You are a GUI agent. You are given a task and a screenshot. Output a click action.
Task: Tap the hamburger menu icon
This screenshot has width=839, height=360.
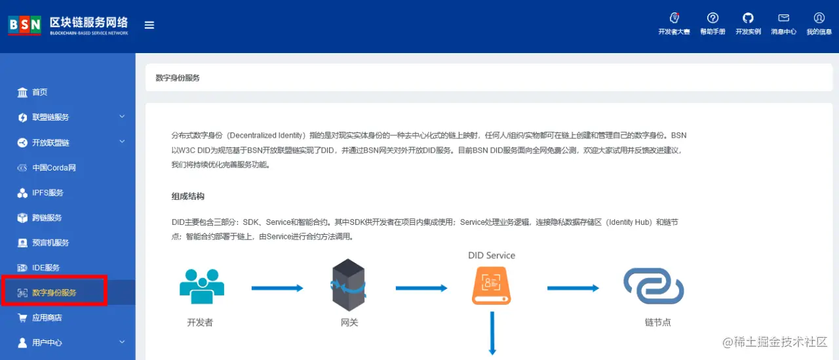(x=149, y=25)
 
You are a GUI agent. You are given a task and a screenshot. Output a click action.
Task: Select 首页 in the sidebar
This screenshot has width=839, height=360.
(x=40, y=92)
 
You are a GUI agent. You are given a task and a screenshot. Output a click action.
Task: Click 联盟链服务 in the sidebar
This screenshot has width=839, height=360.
(x=50, y=117)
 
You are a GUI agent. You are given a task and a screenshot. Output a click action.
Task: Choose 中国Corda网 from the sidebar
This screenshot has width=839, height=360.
(x=54, y=168)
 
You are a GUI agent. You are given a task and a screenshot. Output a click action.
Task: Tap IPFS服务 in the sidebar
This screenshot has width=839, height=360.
(x=48, y=193)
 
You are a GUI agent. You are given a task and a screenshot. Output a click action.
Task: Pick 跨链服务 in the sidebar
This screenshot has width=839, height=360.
(x=47, y=218)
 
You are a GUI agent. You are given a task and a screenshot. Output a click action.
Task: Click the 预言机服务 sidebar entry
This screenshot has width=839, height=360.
(x=50, y=243)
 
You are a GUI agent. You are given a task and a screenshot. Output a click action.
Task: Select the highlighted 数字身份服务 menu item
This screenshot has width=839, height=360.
(x=54, y=292)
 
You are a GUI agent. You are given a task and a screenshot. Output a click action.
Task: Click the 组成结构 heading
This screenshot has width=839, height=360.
(x=188, y=196)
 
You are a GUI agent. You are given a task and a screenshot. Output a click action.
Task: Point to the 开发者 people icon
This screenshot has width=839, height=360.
(x=202, y=286)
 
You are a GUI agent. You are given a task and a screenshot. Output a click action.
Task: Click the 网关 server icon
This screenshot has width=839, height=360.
(x=349, y=285)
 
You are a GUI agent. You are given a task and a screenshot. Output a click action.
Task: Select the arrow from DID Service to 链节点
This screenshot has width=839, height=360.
(x=573, y=288)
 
